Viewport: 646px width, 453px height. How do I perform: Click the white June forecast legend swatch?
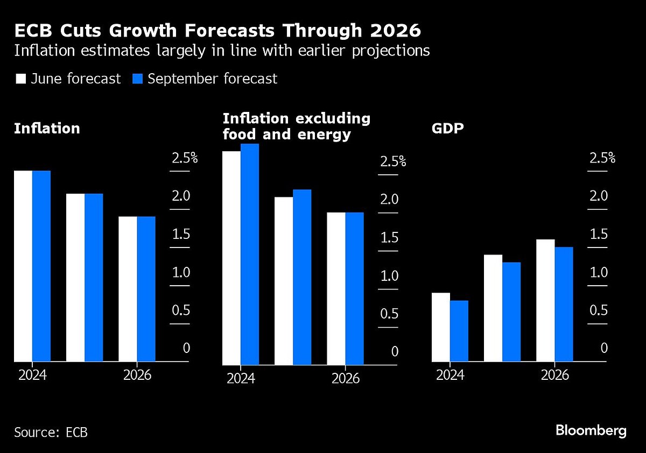pyautogui.click(x=21, y=79)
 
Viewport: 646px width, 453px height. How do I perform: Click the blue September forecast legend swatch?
pyautogui.click(x=137, y=79)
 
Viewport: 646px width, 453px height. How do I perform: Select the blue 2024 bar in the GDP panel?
pyautogui.click(x=459, y=331)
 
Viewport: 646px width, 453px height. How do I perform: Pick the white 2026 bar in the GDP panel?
pyautogui.click(x=546, y=300)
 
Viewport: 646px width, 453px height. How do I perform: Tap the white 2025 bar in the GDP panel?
pyautogui.click(x=494, y=308)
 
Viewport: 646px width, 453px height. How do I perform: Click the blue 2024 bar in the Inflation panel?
pyautogui.click(x=41, y=266)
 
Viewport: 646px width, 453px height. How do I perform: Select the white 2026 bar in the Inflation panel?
pyautogui.click(x=128, y=289)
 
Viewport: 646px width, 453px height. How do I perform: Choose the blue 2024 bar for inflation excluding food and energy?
pyautogui.click(x=250, y=254)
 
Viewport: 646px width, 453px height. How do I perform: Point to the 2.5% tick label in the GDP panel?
pyautogui.click(x=602, y=158)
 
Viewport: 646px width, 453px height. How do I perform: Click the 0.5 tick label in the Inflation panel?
pyautogui.click(x=180, y=310)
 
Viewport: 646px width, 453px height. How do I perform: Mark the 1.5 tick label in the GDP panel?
pyautogui.click(x=598, y=235)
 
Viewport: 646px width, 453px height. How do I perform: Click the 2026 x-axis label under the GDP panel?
pyautogui.click(x=554, y=375)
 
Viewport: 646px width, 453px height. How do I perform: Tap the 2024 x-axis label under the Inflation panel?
pyautogui.click(x=32, y=375)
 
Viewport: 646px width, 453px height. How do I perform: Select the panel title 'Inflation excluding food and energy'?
pyautogui.click(x=297, y=126)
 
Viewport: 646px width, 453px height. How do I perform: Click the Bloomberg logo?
pyautogui.click(x=591, y=431)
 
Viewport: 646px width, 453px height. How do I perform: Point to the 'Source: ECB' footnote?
pyautogui.click(x=51, y=432)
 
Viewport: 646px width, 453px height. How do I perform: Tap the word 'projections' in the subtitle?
pyautogui.click(x=389, y=51)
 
